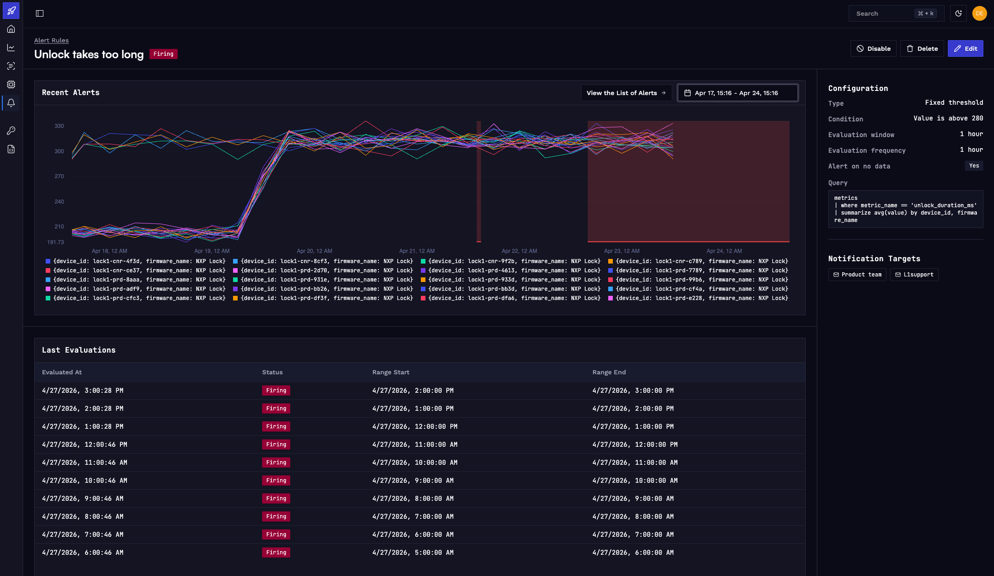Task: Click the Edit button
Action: pos(965,48)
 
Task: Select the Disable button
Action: pos(874,48)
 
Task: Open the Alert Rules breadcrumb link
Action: pos(51,40)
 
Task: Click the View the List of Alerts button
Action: pos(626,93)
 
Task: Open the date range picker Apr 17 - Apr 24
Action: pos(737,93)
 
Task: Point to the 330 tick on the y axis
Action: pos(59,126)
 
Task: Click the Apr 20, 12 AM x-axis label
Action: pos(314,251)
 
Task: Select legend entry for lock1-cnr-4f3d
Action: pos(136,261)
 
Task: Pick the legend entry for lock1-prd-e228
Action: pos(698,298)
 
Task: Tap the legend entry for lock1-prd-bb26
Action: pos(323,289)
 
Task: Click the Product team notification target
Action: pos(857,275)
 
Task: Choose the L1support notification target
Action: pos(914,275)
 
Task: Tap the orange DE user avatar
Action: pos(979,13)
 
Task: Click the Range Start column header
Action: pos(391,372)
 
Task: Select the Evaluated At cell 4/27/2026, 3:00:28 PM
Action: pos(83,390)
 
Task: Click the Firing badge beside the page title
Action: pos(163,54)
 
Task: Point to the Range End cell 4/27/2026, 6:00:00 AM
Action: pos(633,552)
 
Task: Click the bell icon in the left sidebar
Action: pos(11,103)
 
